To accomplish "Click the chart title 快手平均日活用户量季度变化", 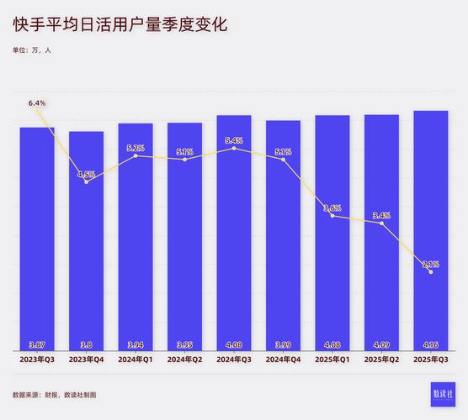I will pyautogui.click(x=120, y=25).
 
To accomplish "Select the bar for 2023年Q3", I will pyautogui.click(x=37, y=235).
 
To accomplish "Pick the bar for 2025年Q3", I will pyautogui.click(x=430, y=227).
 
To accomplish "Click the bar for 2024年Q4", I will pyautogui.click(x=283, y=235).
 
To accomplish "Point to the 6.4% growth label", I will pyautogui.click(x=37, y=102).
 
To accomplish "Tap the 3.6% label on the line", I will pyautogui.click(x=332, y=207).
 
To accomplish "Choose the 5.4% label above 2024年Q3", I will pyautogui.click(x=234, y=140).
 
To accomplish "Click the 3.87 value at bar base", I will pyautogui.click(x=37, y=344).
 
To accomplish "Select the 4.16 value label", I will pyautogui.click(x=430, y=344).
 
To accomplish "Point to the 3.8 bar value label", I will pyautogui.click(x=86, y=344).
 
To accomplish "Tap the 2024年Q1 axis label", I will pyautogui.click(x=136, y=360).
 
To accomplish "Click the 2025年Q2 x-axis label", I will pyautogui.click(x=381, y=360).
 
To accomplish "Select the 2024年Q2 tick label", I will pyautogui.click(x=184, y=360).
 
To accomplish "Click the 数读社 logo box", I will pyautogui.click(x=442, y=394).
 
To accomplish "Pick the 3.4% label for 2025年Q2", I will pyautogui.click(x=381, y=215).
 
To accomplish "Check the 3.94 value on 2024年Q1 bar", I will pyautogui.click(x=136, y=344).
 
